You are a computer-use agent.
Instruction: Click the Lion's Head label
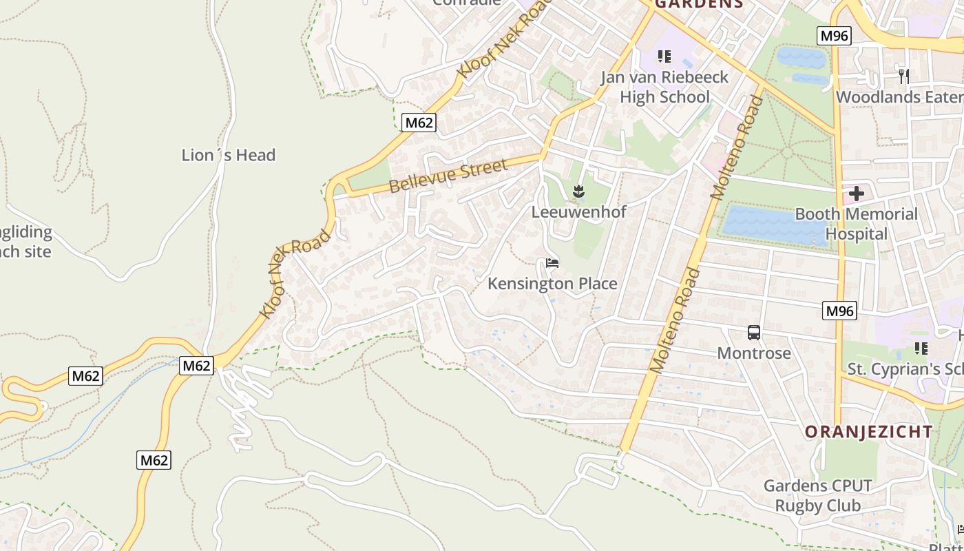228,155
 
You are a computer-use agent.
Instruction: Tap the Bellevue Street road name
448,176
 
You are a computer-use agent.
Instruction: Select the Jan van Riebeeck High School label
664,87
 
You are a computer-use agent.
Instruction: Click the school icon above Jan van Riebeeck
664,56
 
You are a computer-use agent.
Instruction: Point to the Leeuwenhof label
578,211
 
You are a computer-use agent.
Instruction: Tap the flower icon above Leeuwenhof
578,191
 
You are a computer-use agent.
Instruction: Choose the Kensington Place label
552,283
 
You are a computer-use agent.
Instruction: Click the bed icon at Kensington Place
552,262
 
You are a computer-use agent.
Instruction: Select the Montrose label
754,353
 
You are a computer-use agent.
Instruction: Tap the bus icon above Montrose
754,333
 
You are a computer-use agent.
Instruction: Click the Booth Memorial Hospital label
856,224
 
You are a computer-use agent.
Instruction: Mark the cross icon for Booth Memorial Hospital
856,194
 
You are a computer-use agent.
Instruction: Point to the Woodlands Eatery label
899,97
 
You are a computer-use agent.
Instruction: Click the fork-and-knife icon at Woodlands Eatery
904,75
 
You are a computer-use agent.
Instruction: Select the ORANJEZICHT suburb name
869,432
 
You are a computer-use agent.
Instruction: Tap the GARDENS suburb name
699,3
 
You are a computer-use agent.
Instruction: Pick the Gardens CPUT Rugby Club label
818,496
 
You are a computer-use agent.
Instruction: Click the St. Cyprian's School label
905,369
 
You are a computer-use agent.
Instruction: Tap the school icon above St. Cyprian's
921,349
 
